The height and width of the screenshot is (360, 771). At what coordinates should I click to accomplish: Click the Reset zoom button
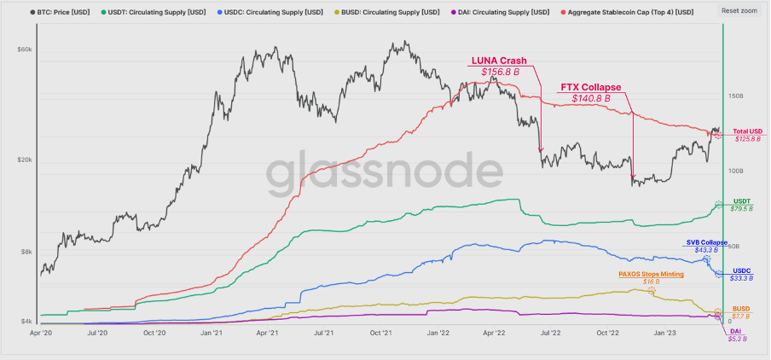[739, 10]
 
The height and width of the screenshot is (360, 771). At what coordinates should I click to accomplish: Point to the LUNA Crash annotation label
[499, 61]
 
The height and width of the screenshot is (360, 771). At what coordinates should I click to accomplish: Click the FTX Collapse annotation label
[590, 87]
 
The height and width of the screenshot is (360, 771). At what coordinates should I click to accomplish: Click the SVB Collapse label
[707, 242]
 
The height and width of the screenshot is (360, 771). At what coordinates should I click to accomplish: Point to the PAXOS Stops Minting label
[650, 274]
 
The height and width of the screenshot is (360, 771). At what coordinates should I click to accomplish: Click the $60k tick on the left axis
[25, 49]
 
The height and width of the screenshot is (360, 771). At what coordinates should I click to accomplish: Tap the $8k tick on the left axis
[26, 252]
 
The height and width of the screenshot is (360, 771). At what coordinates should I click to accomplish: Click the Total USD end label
[748, 131]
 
